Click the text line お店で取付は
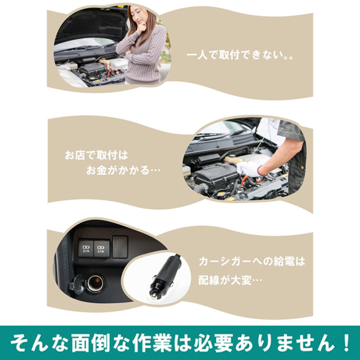point(96,155)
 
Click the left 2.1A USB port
point(86,249)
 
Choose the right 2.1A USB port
point(101,249)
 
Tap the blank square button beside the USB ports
point(120,247)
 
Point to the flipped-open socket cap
point(78,284)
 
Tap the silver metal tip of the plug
point(153,298)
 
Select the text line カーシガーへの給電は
point(251,262)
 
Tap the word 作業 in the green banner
point(152,343)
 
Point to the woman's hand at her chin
point(141,27)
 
